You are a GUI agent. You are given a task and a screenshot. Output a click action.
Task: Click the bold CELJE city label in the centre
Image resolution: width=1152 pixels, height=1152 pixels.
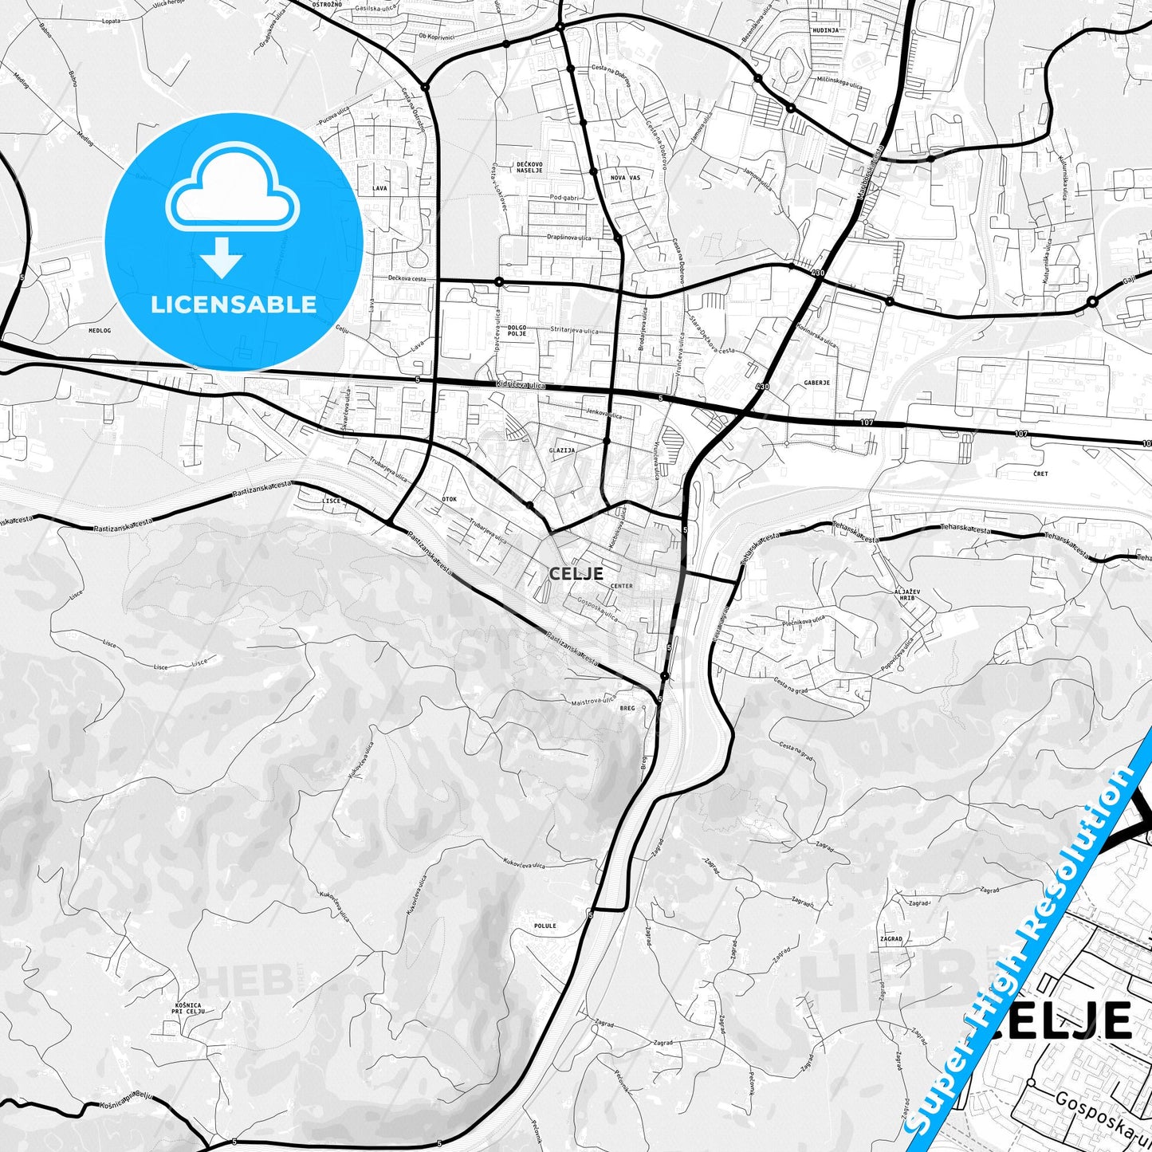coord(576,572)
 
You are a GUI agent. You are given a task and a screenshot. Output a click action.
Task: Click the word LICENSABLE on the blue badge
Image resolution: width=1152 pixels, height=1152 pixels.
coord(234,304)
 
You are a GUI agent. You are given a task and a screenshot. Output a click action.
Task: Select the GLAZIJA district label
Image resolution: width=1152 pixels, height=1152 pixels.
coord(562,450)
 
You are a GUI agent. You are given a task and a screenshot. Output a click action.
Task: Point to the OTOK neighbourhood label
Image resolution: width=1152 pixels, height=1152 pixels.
coord(450,499)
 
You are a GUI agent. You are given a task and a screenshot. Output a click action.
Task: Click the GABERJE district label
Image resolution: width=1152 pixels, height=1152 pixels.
coord(817,383)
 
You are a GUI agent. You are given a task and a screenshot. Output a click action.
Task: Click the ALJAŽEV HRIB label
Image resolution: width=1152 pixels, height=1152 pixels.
coord(907,594)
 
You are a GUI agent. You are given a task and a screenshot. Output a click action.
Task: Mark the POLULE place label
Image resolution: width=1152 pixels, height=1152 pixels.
coord(545,926)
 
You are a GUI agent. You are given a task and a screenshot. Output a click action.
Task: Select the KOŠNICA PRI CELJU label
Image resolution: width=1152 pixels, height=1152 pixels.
coord(190,1008)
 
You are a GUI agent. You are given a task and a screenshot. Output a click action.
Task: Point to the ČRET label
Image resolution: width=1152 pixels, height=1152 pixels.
coord(1040,474)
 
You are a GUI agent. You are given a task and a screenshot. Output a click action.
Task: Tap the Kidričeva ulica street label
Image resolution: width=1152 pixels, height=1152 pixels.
coord(519,385)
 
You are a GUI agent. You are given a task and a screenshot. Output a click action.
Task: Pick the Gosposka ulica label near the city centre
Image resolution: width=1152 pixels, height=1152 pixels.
coord(598,611)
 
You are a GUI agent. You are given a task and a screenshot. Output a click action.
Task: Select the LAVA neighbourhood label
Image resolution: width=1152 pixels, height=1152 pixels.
coord(379,189)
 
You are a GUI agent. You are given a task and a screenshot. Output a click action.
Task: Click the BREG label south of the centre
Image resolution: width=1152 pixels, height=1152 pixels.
coord(627,708)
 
